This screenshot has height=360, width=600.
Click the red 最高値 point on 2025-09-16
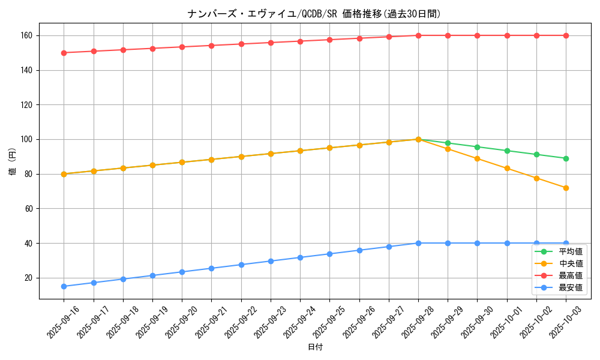coord(64,53)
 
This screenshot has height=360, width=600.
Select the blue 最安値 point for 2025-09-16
coord(64,286)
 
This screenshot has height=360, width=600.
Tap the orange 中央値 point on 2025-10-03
coord(566,188)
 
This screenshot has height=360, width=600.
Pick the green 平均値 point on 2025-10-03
coord(566,158)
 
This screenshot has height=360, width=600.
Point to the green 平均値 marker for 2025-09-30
coord(477,147)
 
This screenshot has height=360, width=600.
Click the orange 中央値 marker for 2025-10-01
coord(507,169)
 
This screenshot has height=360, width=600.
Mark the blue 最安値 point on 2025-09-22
coord(241,265)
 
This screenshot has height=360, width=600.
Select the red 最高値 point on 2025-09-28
coord(418,35)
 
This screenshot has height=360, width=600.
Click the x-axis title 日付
coord(315,347)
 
